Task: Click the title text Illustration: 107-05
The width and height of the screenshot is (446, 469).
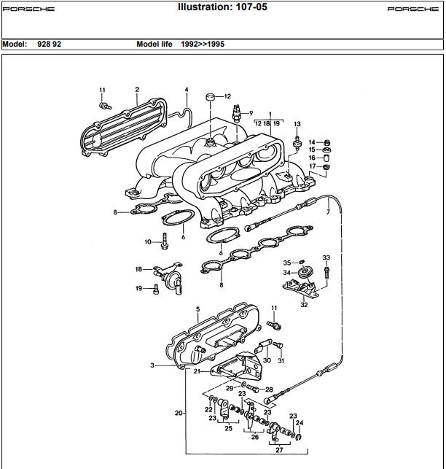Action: coord(222,7)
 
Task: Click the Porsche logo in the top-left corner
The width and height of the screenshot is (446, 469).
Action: coord(28,9)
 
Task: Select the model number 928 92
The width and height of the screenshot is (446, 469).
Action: coord(49,44)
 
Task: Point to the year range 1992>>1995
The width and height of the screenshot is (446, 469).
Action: coord(203,44)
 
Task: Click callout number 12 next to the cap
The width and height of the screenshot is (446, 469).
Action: coord(227,96)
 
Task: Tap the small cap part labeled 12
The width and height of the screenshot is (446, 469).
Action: coord(211,97)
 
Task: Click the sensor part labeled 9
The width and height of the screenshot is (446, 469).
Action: coord(237,114)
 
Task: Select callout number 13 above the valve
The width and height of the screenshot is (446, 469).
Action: coord(297,124)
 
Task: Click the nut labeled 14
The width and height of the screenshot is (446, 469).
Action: coord(327,142)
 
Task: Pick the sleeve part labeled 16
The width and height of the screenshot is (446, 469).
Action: coord(326,158)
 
